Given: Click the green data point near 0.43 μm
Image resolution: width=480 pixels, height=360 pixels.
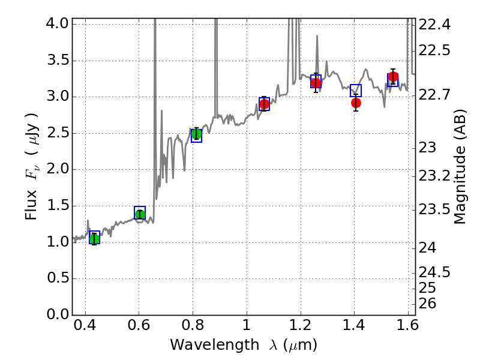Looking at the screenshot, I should click(x=94, y=239).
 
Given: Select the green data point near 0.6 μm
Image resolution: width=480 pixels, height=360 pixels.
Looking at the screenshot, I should click(x=140, y=215).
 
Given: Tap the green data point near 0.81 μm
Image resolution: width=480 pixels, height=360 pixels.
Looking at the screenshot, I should click(x=196, y=134).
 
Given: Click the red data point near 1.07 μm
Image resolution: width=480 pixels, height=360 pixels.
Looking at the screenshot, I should click(x=264, y=104).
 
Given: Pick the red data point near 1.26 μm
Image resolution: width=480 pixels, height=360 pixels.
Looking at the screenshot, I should click(x=316, y=83).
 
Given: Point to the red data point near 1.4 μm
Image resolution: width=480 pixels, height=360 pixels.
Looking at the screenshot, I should click(x=356, y=103).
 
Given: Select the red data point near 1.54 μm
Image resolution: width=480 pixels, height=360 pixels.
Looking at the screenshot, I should click(x=393, y=77).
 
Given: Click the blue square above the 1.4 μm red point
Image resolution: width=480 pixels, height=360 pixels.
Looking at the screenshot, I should click(x=356, y=91).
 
